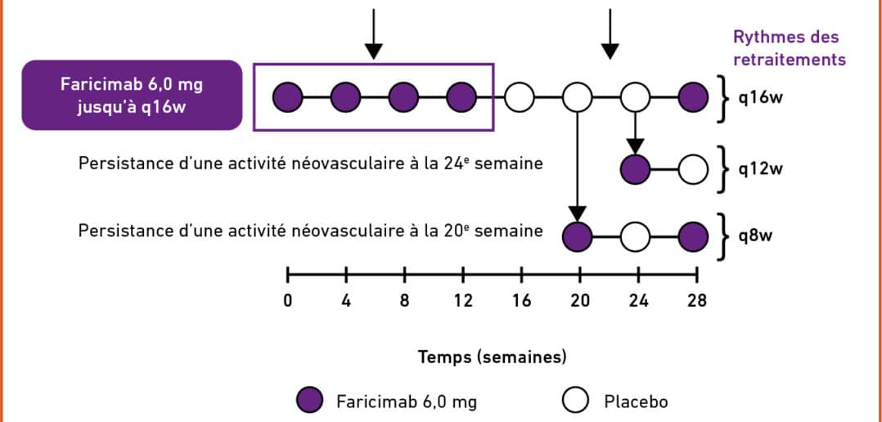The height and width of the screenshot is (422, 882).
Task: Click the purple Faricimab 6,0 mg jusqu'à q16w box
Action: (132, 95)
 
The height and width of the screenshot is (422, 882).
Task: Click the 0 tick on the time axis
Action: (287, 300)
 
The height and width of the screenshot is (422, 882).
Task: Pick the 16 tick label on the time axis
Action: (520, 300)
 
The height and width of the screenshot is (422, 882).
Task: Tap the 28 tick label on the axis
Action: (696, 300)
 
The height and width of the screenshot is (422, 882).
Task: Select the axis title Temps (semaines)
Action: (492, 357)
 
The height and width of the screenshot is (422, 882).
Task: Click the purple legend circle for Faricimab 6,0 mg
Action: (312, 401)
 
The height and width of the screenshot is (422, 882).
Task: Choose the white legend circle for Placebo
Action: (577, 401)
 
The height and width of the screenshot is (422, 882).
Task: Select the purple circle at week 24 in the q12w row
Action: (637, 170)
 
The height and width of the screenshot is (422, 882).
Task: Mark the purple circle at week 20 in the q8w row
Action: (578, 236)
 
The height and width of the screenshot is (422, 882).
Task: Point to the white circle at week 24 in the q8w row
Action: (637, 236)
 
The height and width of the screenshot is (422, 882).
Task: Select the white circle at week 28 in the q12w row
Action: (695, 170)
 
